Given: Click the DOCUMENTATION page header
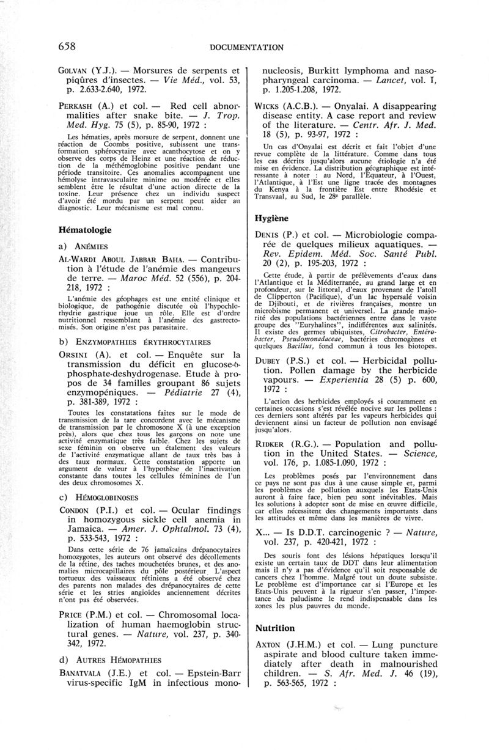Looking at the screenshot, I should (246, 47).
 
